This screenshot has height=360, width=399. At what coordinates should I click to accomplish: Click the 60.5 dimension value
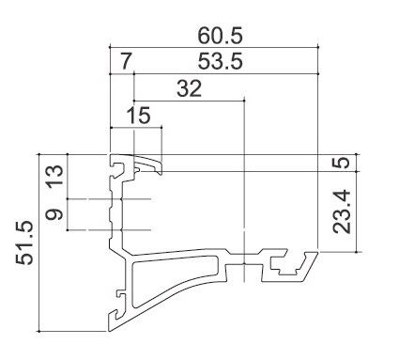[x=220, y=36]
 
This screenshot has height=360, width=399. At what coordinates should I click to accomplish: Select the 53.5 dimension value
[x=220, y=61]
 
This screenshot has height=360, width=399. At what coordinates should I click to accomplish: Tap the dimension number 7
[x=125, y=61]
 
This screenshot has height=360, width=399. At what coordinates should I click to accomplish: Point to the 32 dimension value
[x=189, y=88]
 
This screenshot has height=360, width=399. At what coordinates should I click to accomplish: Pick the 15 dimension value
[x=139, y=115]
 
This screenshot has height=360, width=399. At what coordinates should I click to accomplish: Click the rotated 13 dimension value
[x=54, y=177]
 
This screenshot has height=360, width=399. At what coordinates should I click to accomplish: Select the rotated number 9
[x=54, y=214]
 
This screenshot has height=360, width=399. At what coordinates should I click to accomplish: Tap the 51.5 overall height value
[x=24, y=243]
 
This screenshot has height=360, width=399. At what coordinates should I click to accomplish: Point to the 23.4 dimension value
[x=343, y=211]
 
